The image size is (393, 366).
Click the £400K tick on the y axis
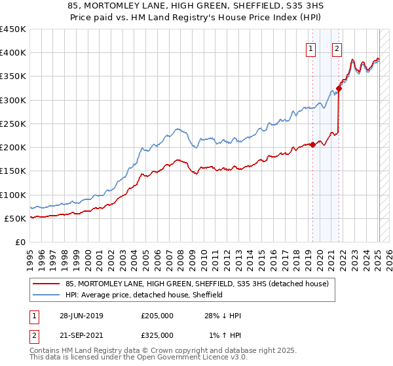[x=14, y=53]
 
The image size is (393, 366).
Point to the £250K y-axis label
[x=14, y=124]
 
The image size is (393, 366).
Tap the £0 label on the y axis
[x=20, y=242]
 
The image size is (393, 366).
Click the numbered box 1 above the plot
[x=310, y=48]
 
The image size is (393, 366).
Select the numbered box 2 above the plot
[x=337, y=48]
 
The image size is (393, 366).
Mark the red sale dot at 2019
[x=312, y=145]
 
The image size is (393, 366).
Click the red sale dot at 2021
[x=339, y=88]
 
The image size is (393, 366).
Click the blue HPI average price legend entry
[x=144, y=295]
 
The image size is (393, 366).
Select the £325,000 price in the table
[x=157, y=335]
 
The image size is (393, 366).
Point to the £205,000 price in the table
[x=157, y=316]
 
